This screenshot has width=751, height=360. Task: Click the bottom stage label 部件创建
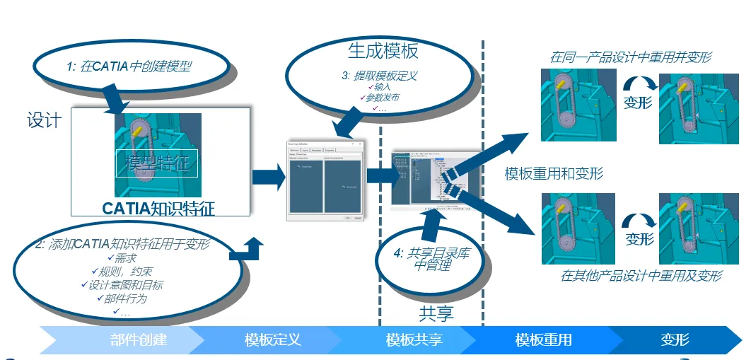coord(139,340)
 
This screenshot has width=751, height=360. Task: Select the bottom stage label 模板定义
coord(273,340)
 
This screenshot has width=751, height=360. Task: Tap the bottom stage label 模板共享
coord(414,340)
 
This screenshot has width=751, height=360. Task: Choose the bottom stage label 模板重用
coord(543,340)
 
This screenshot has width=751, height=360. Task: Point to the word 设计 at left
coord(44,120)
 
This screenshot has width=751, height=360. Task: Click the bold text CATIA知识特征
coord(158,208)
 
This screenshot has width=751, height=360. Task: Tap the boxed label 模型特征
coord(156,163)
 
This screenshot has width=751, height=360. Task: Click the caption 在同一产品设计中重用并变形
coord(631,57)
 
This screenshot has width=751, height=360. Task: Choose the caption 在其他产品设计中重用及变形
coord(641,275)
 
